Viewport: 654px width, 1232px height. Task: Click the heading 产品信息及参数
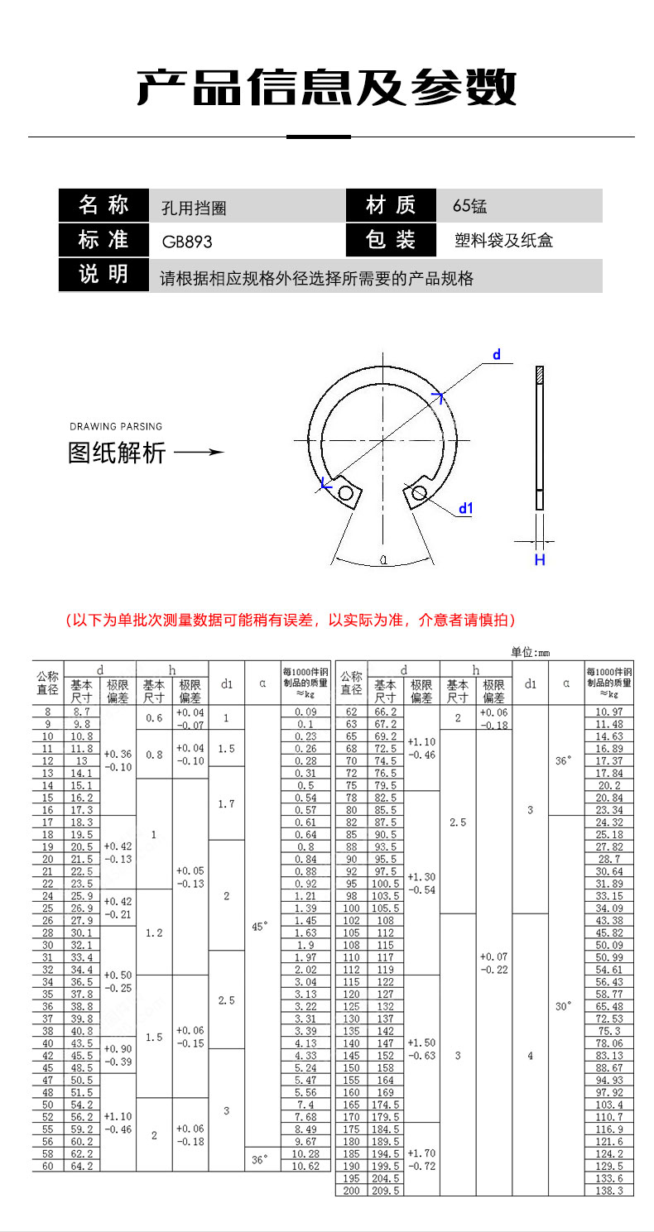[327, 87]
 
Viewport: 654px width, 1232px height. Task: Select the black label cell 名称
[103, 204]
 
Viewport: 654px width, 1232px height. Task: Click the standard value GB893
[187, 242]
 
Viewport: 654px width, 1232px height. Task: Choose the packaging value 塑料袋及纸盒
[503, 241]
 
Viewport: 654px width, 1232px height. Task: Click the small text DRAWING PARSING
[116, 427]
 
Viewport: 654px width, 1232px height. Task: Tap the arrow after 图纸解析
[200, 453]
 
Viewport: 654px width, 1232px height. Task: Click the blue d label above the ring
[497, 355]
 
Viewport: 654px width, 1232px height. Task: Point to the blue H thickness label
[539, 560]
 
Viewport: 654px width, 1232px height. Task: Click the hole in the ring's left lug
[346, 494]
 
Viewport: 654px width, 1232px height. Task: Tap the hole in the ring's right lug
[419, 494]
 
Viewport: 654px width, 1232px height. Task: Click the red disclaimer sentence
[291, 620]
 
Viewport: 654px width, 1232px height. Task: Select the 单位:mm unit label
[530, 653]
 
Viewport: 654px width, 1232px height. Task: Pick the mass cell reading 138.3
[609, 1191]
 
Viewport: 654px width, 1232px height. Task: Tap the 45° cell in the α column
[259, 927]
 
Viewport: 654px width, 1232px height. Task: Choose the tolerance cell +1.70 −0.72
[421, 1158]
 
